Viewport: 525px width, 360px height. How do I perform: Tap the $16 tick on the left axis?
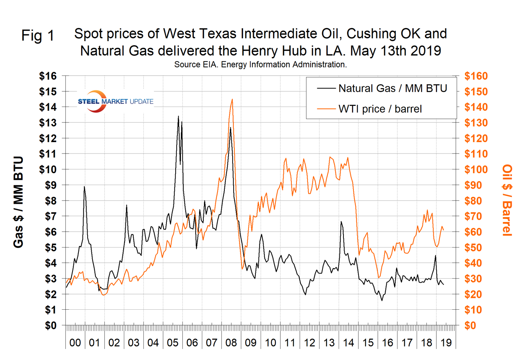[x=48, y=76]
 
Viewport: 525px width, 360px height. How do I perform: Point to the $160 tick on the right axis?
[x=476, y=76]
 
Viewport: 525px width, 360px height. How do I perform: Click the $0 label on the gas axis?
[x=51, y=326]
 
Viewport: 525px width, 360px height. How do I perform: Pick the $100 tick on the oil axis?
[x=476, y=170]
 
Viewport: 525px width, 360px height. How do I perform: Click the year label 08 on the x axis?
[x=231, y=343]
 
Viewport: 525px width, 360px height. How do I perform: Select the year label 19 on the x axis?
[x=446, y=343]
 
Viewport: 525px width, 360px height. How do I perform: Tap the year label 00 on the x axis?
[x=75, y=343]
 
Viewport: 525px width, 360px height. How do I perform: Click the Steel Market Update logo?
[x=115, y=101]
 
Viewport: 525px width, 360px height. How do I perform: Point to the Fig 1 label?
[x=38, y=36]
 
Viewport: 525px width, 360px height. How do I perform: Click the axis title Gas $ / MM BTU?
[x=18, y=202]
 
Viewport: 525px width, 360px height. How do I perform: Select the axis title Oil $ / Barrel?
[x=507, y=200]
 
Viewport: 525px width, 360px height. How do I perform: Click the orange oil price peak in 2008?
[x=232, y=99]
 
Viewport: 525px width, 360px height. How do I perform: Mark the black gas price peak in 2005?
[x=178, y=117]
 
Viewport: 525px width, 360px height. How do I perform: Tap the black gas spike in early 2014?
[x=341, y=222]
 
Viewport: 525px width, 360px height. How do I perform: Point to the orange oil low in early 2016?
[x=378, y=277]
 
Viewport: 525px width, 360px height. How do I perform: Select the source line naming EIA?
[x=260, y=64]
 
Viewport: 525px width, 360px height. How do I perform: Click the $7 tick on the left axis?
[x=51, y=216]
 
